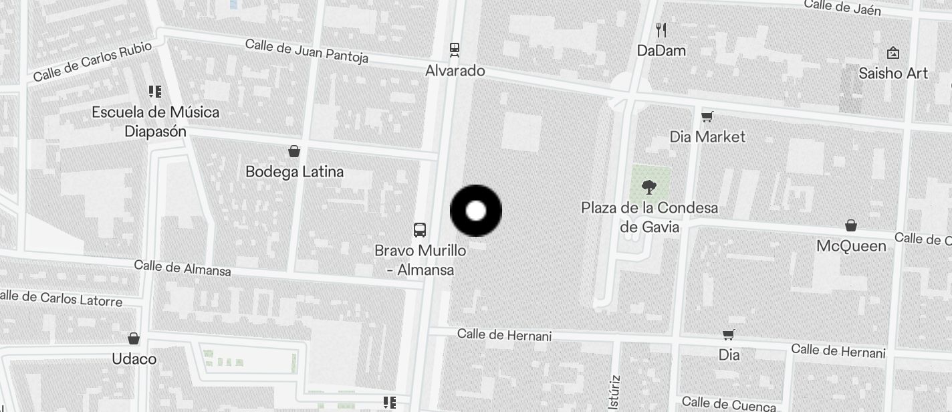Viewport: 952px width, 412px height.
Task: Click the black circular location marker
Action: (x=475, y=211)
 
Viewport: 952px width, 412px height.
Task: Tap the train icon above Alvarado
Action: (x=455, y=49)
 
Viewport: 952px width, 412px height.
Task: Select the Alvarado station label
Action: (x=455, y=70)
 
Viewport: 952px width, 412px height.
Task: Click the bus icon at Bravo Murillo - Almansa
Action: (x=420, y=230)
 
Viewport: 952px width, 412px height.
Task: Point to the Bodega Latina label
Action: (x=294, y=171)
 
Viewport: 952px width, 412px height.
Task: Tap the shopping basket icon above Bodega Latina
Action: (x=293, y=150)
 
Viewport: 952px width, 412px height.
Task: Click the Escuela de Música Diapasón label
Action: (x=155, y=121)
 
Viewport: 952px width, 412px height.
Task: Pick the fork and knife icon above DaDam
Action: (x=661, y=29)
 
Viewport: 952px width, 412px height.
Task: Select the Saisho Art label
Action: (x=893, y=73)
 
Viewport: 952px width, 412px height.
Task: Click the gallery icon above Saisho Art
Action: (x=892, y=53)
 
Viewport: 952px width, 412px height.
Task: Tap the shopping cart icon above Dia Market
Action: (x=707, y=117)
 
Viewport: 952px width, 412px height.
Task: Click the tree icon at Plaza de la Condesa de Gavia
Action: (x=648, y=187)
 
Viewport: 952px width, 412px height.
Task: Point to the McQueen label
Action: (x=851, y=245)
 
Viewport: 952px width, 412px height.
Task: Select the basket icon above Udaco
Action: (x=134, y=338)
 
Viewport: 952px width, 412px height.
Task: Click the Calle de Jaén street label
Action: (x=842, y=7)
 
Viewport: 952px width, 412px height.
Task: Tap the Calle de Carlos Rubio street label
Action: (x=92, y=62)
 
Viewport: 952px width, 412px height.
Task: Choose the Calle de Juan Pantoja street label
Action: (x=306, y=50)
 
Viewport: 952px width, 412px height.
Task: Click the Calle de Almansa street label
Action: (x=183, y=268)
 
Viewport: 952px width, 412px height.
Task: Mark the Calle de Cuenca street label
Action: (x=729, y=403)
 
